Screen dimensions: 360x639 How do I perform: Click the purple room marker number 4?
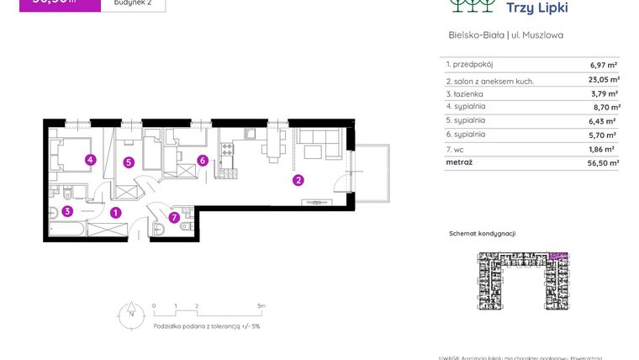[x=89, y=160]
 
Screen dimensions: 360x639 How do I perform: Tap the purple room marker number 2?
[x=298, y=179]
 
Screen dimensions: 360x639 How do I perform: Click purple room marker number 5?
[x=128, y=162]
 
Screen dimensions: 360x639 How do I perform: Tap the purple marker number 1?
[x=116, y=213]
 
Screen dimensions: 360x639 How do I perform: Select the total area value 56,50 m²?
[x=602, y=163]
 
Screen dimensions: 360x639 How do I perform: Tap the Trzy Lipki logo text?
[x=539, y=8]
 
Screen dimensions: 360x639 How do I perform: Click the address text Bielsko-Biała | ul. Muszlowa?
[x=506, y=35]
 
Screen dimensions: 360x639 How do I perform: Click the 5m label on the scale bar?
[x=261, y=306]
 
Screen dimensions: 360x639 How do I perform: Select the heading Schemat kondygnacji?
[x=482, y=233]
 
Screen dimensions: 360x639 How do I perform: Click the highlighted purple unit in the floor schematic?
[x=557, y=255]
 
